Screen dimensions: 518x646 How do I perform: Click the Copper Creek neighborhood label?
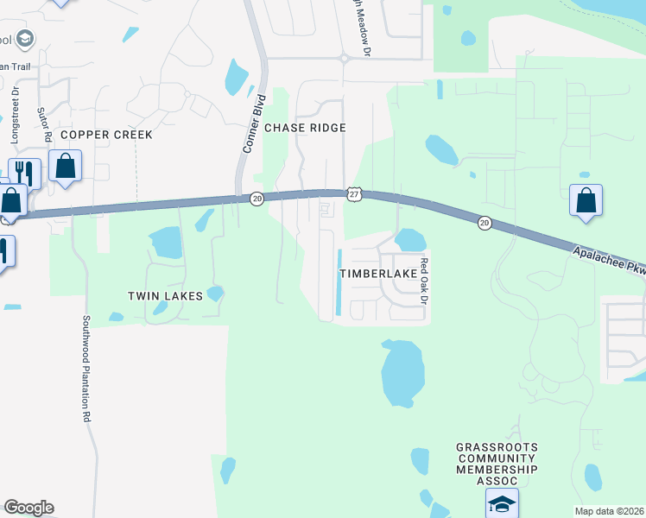click(106, 135)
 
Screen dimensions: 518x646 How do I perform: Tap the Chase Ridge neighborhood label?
click(305, 128)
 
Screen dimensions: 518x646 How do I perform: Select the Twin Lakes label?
click(165, 296)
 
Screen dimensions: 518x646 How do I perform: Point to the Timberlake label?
click(378, 273)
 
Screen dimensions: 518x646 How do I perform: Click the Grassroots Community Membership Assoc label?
click(497, 464)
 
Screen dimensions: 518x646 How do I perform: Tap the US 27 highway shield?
click(355, 196)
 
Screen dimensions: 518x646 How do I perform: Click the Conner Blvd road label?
click(251, 129)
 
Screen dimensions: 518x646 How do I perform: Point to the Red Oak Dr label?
click(424, 281)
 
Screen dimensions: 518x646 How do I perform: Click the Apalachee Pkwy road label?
click(608, 261)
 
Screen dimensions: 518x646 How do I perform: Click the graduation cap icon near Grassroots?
click(502, 503)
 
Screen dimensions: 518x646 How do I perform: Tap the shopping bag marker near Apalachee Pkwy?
click(586, 200)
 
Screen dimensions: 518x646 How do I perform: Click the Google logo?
click(28, 508)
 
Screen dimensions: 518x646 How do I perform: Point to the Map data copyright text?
click(609, 511)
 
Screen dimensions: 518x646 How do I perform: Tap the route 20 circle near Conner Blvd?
click(256, 199)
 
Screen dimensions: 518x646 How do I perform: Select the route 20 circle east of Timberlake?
click(484, 223)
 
